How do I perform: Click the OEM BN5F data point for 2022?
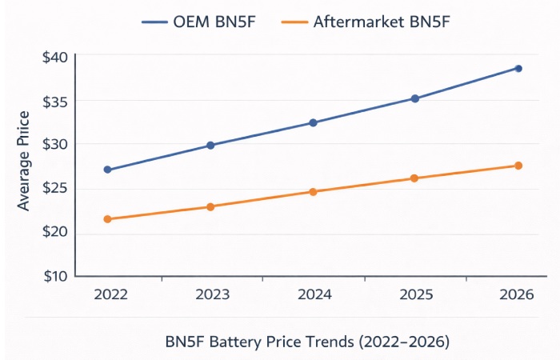pyautogui.click(x=107, y=170)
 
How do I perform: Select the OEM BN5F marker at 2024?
pyautogui.click(x=313, y=122)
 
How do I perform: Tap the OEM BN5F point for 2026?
pyautogui.click(x=518, y=68)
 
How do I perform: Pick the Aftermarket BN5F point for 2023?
pyautogui.click(x=210, y=206)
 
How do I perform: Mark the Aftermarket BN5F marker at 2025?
pyautogui.click(x=414, y=178)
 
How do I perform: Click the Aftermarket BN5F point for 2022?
pyautogui.click(x=107, y=218)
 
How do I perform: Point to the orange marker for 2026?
pyautogui.click(x=518, y=166)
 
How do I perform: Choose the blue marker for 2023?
pyautogui.click(x=210, y=145)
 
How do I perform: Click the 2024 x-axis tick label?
pyautogui.click(x=313, y=294)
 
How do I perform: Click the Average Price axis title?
pyautogui.click(x=23, y=161)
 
